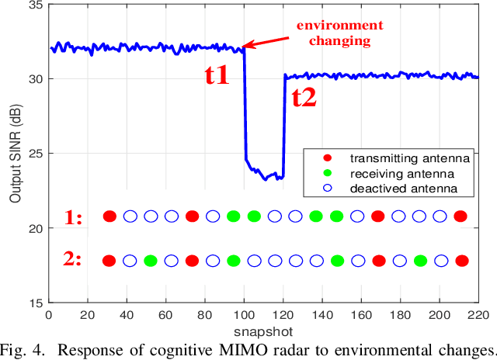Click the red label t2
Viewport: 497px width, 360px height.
point(304,97)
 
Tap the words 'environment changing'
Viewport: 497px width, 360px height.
point(330,32)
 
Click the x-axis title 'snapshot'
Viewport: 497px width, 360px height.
point(265,329)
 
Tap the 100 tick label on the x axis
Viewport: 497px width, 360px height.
point(244,314)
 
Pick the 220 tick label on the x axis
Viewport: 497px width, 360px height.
point(478,314)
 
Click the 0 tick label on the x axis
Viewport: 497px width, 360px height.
point(49,314)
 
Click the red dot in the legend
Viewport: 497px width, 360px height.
point(326,157)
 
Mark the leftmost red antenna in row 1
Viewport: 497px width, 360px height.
point(109,216)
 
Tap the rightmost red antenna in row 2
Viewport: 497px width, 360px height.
point(462,261)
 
